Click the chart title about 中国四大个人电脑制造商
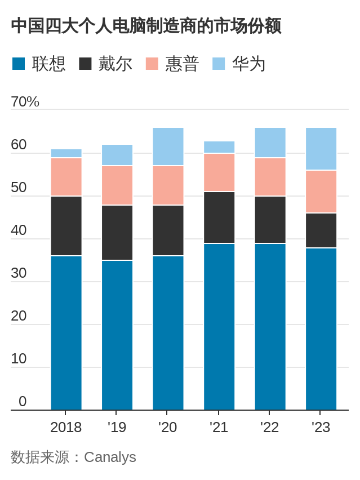(x=146, y=26)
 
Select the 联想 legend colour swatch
(x=19, y=64)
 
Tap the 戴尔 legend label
(x=115, y=64)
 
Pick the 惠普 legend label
(x=182, y=64)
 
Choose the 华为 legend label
(x=248, y=64)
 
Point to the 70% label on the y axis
(x=25, y=102)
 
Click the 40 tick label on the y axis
(x=19, y=230)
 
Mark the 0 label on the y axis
(x=23, y=402)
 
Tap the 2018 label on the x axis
(x=66, y=428)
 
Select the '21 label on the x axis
(x=219, y=428)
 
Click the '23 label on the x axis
(x=321, y=428)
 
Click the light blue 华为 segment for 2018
(x=66, y=153)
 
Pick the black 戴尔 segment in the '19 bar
(x=117, y=233)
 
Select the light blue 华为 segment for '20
(x=168, y=146)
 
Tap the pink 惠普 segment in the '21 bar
(x=219, y=172)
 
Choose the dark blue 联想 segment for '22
(x=270, y=327)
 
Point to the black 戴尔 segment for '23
(x=321, y=230)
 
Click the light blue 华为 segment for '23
(x=321, y=149)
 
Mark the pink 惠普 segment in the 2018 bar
(x=66, y=177)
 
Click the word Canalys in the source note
(x=110, y=457)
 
